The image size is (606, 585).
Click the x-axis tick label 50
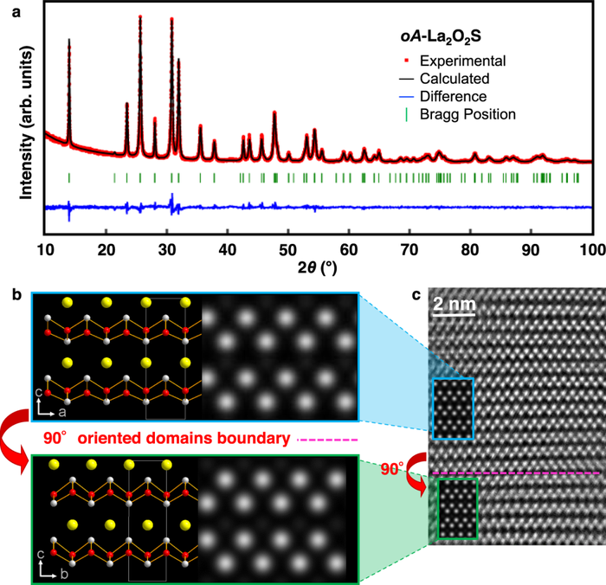click(x=288, y=250)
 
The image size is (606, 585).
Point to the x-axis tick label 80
click(x=470, y=250)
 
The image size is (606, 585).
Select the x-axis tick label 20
click(x=106, y=250)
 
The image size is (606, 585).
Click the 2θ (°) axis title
click(x=318, y=267)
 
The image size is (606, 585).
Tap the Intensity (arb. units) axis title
click(x=26, y=123)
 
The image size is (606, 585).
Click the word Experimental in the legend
click(x=462, y=61)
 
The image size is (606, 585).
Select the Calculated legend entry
click(x=444, y=79)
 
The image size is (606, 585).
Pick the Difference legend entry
click(x=443, y=97)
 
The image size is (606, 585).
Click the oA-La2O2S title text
click(x=441, y=37)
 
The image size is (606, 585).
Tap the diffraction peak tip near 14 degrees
click(x=69, y=40)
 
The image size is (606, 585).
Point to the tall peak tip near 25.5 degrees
click(x=140, y=16)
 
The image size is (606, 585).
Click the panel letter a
click(x=16, y=12)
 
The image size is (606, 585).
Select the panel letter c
click(x=416, y=295)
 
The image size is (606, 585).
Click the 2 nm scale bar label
click(x=455, y=304)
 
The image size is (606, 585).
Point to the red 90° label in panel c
click(x=392, y=469)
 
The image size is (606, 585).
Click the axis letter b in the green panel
click(x=64, y=574)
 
